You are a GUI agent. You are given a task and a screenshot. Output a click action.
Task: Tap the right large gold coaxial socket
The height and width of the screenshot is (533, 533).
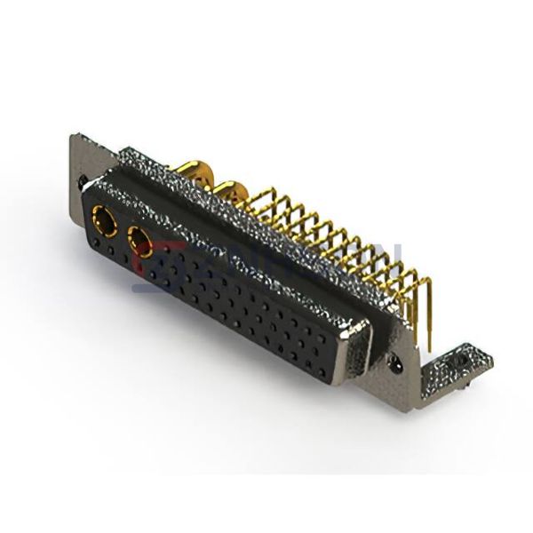tap(141, 237)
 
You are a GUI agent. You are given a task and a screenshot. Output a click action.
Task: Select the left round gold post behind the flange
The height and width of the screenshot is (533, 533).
tap(194, 168)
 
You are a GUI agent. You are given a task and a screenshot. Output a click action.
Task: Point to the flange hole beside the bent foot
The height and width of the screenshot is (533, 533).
tap(396, 362)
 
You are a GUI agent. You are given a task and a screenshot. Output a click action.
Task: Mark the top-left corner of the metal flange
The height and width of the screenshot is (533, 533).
tap(75, 134)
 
